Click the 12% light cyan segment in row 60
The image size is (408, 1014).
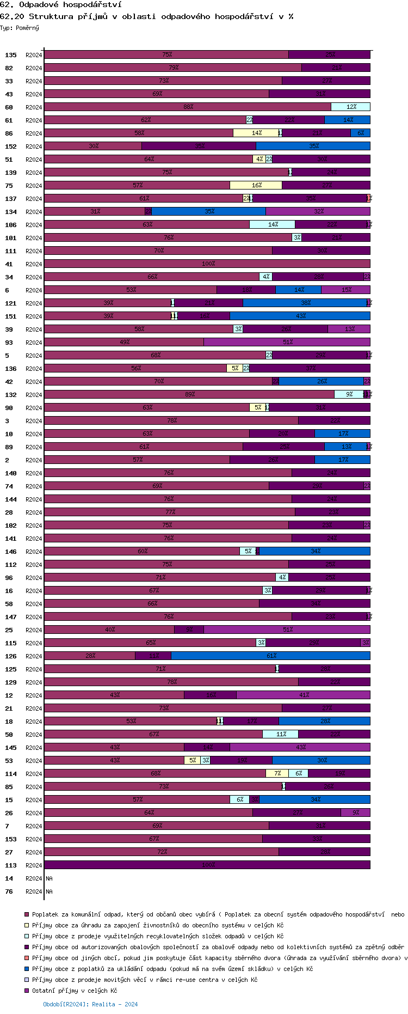click(350, 107)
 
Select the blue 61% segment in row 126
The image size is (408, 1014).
click(270, 656)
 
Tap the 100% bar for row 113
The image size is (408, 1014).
click(207, 865)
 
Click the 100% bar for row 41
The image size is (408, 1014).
click(207, 264)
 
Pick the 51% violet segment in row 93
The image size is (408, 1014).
click(287, 343)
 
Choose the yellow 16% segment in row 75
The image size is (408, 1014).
click(256, 186)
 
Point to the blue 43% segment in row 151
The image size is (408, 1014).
click(300, 316)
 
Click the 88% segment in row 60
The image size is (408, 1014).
click(187, 107)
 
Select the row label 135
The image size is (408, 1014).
click(11, 55)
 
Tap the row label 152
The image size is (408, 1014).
click(11, 146)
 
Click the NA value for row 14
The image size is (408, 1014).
click(50, 878)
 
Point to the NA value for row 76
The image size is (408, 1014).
click(50, 891)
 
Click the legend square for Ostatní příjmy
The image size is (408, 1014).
click(26, 991)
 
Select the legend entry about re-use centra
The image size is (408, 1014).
click(144, 980)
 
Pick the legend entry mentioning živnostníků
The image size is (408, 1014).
click(158, 925)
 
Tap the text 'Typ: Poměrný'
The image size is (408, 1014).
click(20, 28)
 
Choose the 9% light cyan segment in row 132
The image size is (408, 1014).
click(349, 395)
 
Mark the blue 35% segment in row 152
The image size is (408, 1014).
click(313, 146)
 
